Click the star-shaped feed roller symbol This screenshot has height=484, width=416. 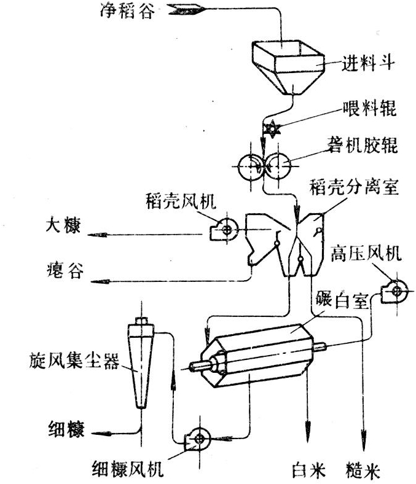tap(270, 130)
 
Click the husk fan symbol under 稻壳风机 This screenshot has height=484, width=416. tap(224, 229)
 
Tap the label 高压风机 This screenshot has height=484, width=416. tap(367, 253)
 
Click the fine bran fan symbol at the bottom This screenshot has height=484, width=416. tap(199, 437)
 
